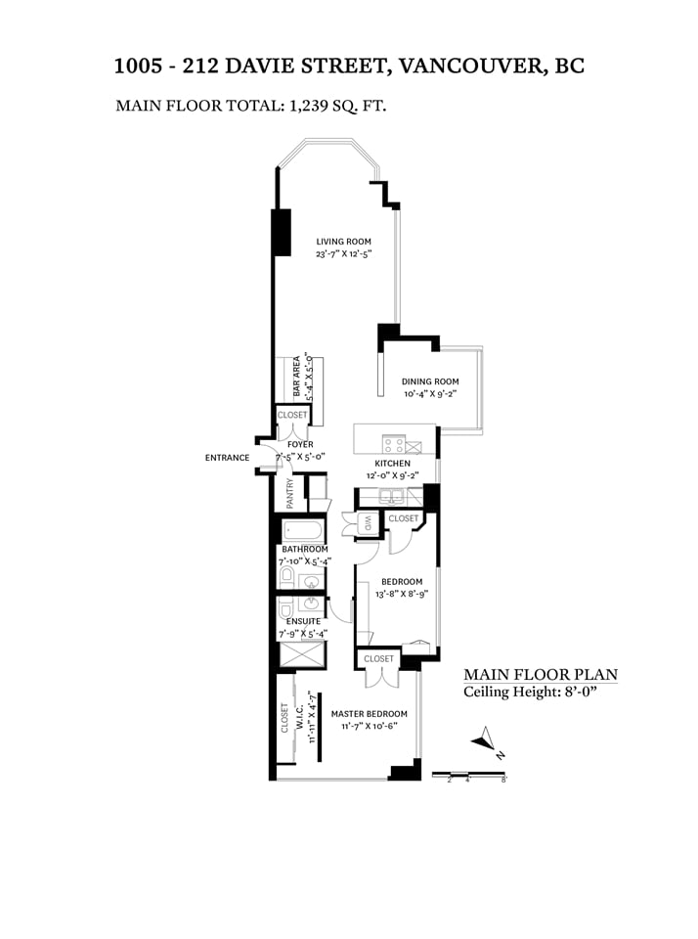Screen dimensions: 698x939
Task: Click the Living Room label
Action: pyautogui.click(x=343, y=242)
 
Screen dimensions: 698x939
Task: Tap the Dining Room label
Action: pyautogui.click(x=430, y=381)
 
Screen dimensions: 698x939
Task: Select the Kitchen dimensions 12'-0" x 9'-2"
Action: pyautogui.click(x=393, y=476)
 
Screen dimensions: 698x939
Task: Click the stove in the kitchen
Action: pyautogui.click(x=394, y=444)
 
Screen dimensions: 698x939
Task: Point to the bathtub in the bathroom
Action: pyautogui.click(x=302, y=530)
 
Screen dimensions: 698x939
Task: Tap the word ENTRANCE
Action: pyautogui.click(x=227, y=458)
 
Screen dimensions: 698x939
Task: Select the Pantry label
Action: pyautogui.click(x=290, y=493)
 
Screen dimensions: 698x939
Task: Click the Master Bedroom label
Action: pyautogui.click(x=369, y=714)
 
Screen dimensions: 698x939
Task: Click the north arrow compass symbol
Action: pyautogui.click(x=486, y=741)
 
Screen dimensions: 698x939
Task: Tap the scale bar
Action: pyautogui.click(x=469, y=775)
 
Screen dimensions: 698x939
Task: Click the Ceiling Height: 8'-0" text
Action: pyautogui.click(x=531, y=693)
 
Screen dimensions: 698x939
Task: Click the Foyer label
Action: pyautogui.click(x=300, y=445)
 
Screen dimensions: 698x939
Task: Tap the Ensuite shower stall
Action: pyautogui.click(x=302, y=654)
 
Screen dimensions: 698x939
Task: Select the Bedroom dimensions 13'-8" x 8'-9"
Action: pyautogui.click(x=402, y=595)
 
